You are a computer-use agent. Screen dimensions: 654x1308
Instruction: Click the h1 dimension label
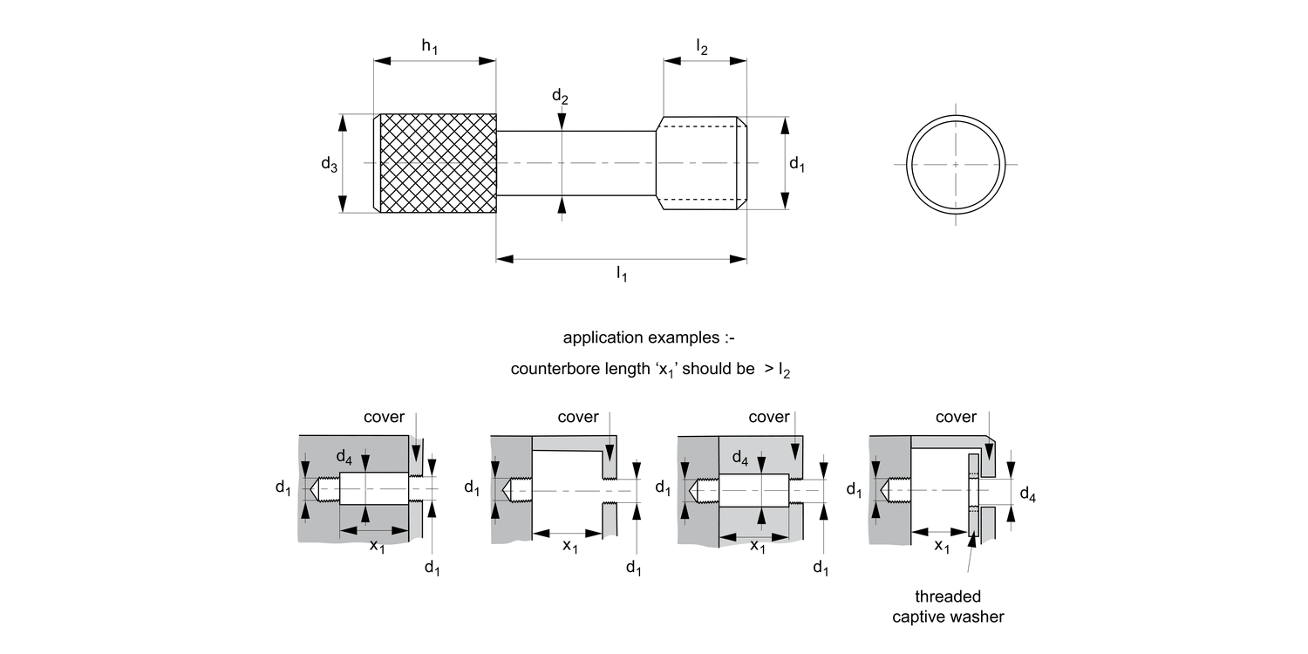pos(429,47)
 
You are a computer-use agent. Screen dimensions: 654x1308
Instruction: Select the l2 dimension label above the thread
pos(702,47)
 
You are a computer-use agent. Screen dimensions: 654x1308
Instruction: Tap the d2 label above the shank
pos(560,97)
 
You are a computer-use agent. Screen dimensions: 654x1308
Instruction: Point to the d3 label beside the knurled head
pos(329,163)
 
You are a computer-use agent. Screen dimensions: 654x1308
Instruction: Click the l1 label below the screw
pos(621,275)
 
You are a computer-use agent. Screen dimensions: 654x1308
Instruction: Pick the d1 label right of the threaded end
pos(796,163)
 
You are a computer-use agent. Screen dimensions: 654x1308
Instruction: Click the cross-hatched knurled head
pos(436,163)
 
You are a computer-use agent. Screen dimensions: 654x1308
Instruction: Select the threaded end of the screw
pos(701,163)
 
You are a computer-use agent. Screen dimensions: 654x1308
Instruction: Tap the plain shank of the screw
pos(576,163)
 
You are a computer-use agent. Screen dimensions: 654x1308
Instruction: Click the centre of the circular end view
pos(956,163)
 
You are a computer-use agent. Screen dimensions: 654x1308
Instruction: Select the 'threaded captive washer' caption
pos(948,607)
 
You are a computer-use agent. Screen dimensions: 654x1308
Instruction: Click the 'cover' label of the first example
pos(385,417)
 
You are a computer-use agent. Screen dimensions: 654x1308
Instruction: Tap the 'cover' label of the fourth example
pos(957,417)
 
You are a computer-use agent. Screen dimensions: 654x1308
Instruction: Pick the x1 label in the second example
pos(570,547)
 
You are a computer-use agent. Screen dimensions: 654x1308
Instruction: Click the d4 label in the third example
pos(740,457)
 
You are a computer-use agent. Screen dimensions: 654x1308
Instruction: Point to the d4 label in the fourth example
pos(1028,496)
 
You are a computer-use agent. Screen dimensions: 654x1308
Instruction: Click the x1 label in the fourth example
pos(943,547)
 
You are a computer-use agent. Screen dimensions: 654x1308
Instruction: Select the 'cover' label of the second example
pos(578,417)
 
